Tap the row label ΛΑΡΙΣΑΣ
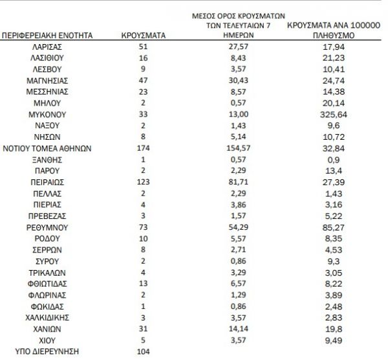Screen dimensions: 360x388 tap(47, 47)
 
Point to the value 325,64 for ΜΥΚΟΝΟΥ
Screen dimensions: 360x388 tap(328, 113)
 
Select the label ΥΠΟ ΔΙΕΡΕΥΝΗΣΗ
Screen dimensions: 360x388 tap(47, 351)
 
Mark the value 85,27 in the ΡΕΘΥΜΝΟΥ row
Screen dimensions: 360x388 tap(328, 227)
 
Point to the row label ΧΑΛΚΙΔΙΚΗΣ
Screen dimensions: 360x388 tap(47, 317)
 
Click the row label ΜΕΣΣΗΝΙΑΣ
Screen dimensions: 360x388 tap(47, 91)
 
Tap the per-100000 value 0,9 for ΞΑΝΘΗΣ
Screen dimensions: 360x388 tap(328, 159)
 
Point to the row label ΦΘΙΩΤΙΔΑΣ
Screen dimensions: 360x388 tap(47, 283)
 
